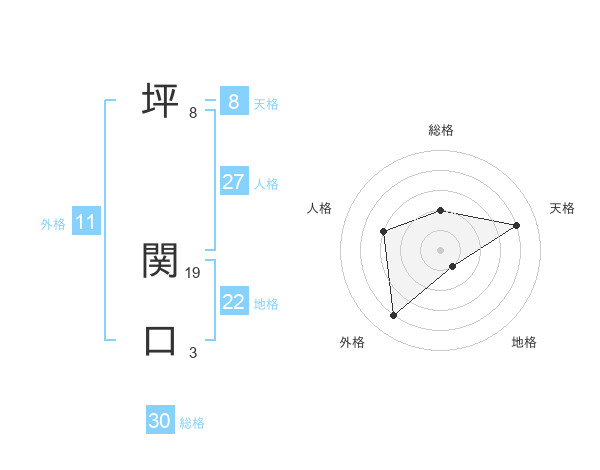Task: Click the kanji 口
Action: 160,340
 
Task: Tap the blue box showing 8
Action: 233,101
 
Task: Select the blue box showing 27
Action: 233,182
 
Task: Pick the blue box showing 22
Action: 234,302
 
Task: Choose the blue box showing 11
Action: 85,223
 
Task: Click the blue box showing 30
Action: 160,421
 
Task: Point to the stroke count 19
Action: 194,272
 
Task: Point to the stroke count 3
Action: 193,352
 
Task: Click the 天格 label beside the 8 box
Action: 266,104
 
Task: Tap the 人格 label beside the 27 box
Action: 266,184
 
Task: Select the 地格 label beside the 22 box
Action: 266,304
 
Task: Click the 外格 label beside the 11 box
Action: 53,224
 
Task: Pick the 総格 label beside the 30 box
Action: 192,423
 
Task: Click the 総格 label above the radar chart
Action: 440,130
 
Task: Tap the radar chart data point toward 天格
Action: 517,225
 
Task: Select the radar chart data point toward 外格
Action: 394,316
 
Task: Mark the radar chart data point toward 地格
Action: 453,266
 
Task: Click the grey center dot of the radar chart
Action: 440,249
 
